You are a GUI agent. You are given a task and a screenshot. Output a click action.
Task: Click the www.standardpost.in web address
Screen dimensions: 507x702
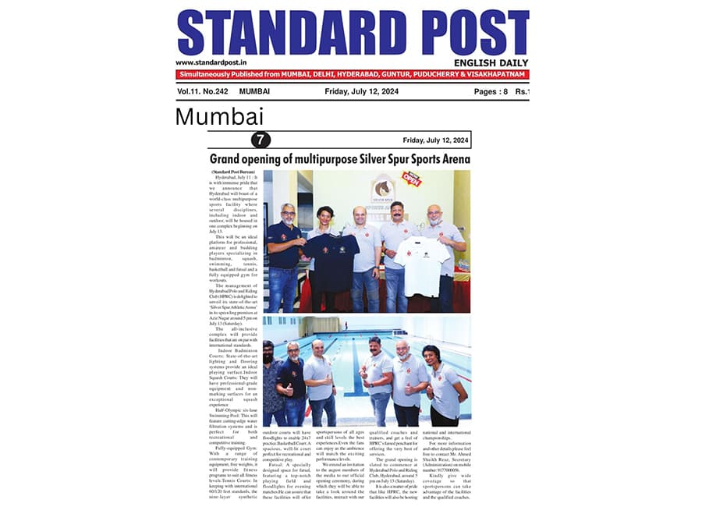pos(212,62)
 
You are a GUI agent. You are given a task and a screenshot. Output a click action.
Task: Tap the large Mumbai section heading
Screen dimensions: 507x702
pos(219,116)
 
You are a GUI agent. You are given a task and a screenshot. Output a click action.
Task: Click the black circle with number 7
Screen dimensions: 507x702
pos(261,140)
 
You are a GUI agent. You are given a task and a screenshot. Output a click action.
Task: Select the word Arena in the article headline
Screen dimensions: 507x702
pos(449,159)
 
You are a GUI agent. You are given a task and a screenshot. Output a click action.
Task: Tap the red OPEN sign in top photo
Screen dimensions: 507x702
pos(411,179)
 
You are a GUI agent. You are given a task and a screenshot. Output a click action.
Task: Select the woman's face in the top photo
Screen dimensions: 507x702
pos(324,216)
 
